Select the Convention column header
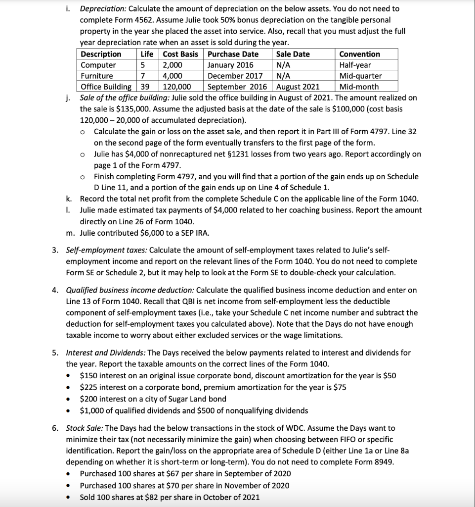(359, 54)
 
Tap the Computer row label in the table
(98, 65)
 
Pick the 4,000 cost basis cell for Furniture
(173, 76)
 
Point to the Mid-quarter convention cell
(360, 76)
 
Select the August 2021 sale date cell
(297, 87)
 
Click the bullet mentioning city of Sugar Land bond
(153, 399)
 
